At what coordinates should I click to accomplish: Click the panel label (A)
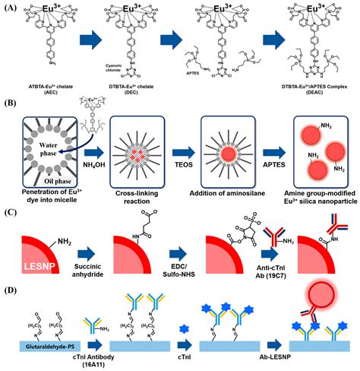point(11,8)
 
